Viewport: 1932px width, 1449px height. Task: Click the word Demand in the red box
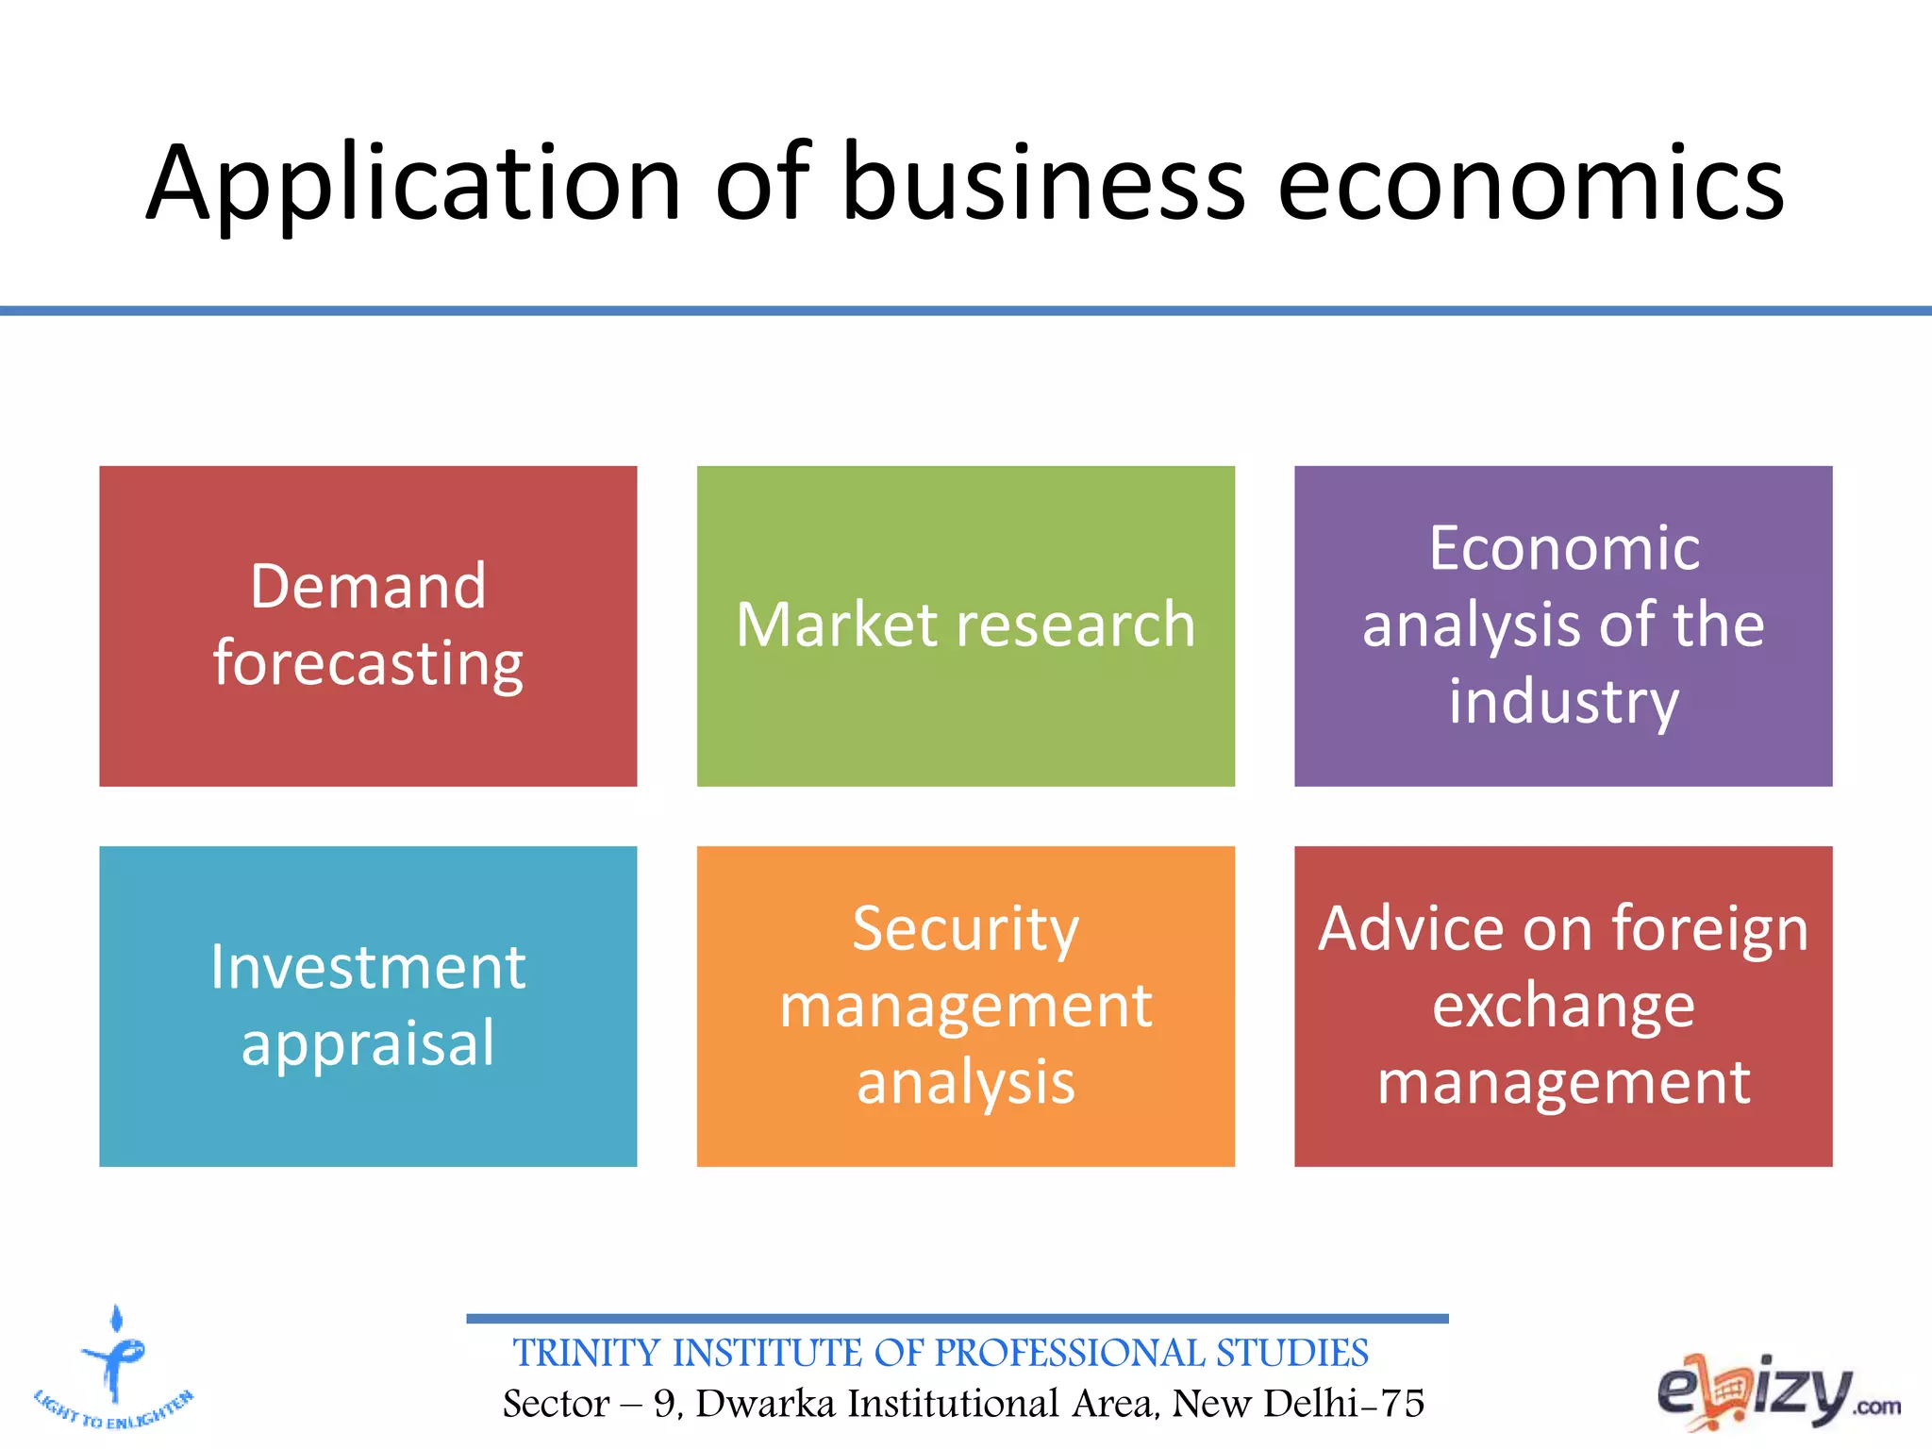368,587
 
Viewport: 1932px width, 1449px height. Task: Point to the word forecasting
368,664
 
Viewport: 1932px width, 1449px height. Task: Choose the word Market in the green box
837,625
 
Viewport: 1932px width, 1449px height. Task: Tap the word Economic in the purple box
1563,548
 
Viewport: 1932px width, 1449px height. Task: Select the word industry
1563,703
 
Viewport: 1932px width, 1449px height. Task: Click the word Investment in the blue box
368,967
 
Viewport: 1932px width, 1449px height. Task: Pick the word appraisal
368,1044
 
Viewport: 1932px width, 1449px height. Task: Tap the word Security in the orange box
965,929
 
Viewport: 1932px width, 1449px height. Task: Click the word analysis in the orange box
965,1083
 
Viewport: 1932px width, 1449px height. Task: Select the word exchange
1563,1006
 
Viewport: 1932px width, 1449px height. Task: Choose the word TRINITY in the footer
586,1354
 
